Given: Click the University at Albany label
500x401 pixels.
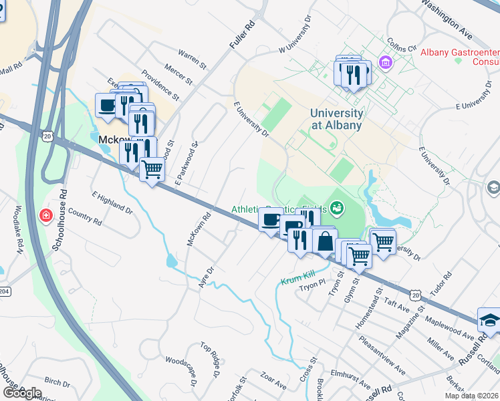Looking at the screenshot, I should point(337,119).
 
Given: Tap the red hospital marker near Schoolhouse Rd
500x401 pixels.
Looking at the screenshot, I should point(45,216).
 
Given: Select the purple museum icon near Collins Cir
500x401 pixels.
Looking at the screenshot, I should point(385,63).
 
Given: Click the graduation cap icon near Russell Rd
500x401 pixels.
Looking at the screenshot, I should point(490,319).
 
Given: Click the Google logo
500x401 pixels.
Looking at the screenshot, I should point(21,392).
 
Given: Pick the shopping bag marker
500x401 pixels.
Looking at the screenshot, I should point(324,241).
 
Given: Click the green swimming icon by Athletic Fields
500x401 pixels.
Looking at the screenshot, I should point(338,208).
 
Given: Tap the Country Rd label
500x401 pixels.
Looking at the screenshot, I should point(84,217).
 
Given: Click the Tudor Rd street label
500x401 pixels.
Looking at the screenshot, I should point(442,281).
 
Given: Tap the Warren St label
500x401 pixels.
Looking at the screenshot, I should point(193,59).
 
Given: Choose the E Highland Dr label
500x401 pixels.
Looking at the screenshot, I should point(112,202).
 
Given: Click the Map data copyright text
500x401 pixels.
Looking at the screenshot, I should point(471,396).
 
